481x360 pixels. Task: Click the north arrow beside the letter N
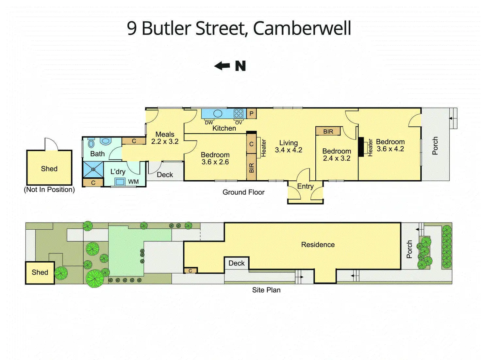222,66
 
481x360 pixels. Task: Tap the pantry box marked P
251,114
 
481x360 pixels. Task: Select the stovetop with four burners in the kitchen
239,114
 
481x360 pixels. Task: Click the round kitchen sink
218,113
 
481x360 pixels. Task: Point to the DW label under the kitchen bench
209,123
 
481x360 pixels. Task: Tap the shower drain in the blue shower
93,169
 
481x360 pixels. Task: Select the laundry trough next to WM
120,182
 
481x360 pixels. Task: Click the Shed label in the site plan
40,272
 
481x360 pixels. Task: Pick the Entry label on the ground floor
305,186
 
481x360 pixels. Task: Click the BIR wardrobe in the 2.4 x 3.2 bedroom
328,131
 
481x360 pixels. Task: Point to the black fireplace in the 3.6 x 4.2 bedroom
361,147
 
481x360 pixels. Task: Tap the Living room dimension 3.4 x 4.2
289,150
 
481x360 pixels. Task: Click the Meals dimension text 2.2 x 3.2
165,141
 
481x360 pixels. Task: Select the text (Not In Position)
49,189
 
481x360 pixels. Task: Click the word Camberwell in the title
302,28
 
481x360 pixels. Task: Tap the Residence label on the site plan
318,245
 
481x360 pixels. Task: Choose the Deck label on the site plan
237,263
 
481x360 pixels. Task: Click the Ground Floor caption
243,192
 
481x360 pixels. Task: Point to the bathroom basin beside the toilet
106,141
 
